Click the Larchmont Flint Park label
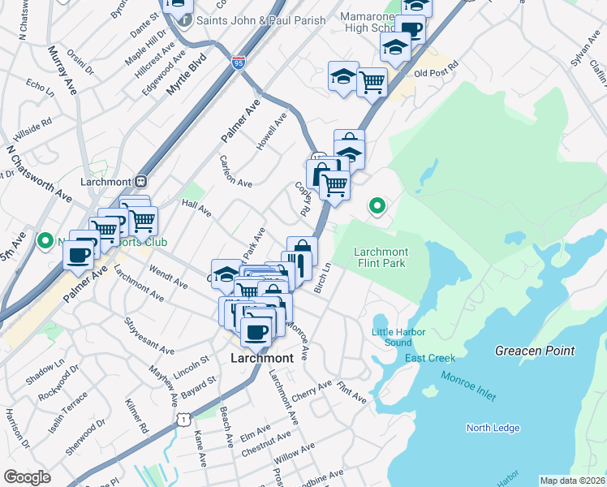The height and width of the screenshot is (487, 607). (381, 257)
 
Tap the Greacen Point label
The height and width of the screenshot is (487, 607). (535, 351)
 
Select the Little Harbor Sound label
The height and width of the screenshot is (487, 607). (392, 338)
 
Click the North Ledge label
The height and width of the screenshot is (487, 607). (493, 428)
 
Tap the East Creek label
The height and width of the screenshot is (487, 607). (430, 358)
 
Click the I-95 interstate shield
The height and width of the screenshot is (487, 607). (238, 62)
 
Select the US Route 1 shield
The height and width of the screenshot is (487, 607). (183, 419)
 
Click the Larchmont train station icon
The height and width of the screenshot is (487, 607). (140, 182)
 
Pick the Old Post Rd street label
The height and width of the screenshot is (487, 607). (437, 73)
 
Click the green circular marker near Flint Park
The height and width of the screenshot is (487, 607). (377, 206)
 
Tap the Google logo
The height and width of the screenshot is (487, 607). (27, 477)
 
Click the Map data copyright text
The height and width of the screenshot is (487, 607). (572, 481)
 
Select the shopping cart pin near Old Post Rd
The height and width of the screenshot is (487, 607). (372, 81)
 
